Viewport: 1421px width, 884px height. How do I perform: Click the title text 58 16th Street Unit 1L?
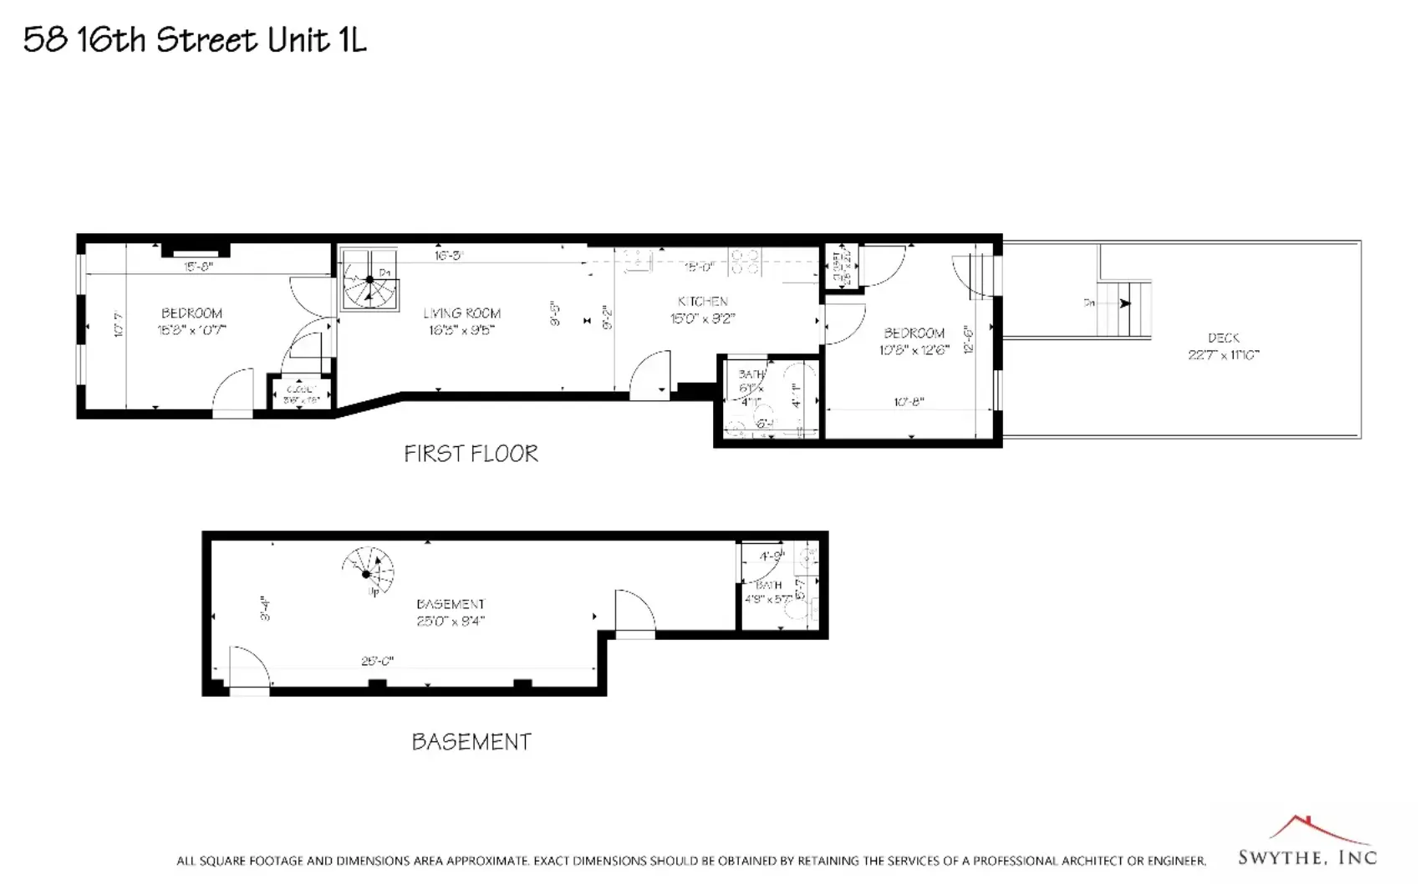(x=195, y=39)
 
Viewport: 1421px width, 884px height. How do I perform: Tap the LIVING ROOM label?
(x=461, y=313)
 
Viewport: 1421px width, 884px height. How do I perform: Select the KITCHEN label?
(x=702, y=301)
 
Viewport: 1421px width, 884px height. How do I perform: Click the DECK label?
(x=1223, y=338)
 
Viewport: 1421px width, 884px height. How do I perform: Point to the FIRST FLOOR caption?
(x=471, y=454)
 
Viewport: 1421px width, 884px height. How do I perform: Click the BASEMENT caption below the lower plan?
(x=471, y=742)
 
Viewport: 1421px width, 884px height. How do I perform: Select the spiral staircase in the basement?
(x=368, y=572)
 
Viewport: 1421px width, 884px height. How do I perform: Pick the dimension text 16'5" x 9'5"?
(x=461, y=330)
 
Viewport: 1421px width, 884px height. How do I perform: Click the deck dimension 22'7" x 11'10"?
(x=1223, y=355)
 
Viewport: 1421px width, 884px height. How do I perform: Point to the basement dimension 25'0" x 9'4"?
(x=451, y=621)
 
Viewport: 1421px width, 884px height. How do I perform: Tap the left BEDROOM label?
(x=191, y=313)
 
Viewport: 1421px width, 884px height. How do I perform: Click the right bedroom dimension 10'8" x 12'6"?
(x=914, y=350)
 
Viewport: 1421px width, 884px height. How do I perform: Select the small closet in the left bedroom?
(x=301, y=394)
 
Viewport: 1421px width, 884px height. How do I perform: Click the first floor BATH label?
(x=751, y=374)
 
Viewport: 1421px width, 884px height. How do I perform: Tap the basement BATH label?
(x=769, y=585)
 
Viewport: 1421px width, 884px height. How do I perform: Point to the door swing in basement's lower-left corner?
(x=249, y=668)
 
